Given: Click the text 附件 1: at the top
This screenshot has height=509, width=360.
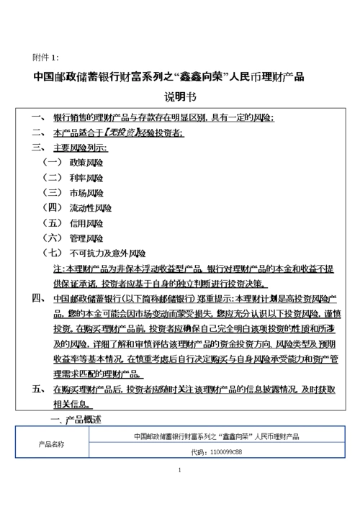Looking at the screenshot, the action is [47, 57].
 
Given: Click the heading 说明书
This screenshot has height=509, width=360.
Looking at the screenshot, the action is [180, 97].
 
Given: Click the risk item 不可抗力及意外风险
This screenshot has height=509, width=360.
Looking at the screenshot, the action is [108, 253].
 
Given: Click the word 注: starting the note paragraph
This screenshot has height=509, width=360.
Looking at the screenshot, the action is [59, 268].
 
